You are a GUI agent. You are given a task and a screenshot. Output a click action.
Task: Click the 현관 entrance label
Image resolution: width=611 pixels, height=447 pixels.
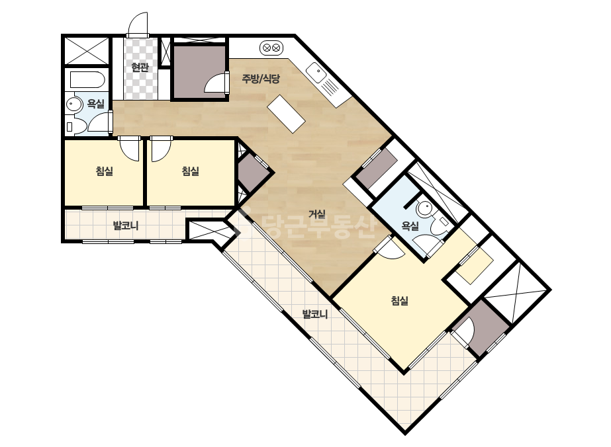pyautogui.click(x=140, y=67)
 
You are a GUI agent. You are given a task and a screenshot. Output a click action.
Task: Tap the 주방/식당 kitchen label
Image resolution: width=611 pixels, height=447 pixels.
pyautogui.click(x=261, y=79)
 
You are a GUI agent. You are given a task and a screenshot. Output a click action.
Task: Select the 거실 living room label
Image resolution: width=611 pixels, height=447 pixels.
pyautogui.click(x=317, y=214)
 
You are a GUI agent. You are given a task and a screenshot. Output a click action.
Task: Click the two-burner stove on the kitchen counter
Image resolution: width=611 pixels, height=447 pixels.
pyautogui.click(x=271, y=48)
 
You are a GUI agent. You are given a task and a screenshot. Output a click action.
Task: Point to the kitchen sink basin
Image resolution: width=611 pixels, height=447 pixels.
pyautogui.click(x=316, y=72)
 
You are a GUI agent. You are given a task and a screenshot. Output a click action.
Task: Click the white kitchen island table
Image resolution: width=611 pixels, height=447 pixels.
pyautogui.click(x=286, y=114)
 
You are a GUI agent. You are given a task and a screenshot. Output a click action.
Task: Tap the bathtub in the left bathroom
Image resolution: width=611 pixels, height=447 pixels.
pyautogui.click(x=87, y=80)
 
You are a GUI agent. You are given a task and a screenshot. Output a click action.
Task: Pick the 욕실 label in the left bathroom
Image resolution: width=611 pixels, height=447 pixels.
pyautogui.click(x=96, y=104)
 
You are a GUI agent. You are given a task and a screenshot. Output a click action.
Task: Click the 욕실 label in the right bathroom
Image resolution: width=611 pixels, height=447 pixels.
pyautogui.click(x=410, y=226)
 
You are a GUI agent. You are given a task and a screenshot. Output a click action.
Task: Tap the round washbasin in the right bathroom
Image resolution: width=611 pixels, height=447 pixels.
pyautogui.click(x=424, y=209)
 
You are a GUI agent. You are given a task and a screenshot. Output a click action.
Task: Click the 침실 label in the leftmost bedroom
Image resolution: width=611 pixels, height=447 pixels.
pyautogui.click(x=105, y=171)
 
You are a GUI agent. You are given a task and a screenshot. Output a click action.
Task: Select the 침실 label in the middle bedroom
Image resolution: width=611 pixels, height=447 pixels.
pyautogui.click(x=191, y=171)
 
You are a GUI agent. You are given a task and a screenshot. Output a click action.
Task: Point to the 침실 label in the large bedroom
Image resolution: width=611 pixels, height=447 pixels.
pyautogui.click(x=399, y=300)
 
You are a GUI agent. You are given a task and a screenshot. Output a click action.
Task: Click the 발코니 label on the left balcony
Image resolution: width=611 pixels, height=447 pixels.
pyautogui.click(x=126, y=225)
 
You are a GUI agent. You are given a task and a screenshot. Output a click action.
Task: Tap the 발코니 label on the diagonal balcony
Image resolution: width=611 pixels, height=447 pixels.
pyautogui.click(x=315, y=314)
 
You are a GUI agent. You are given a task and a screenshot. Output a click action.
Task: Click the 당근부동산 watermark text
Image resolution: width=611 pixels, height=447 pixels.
pyautogui.click(x=319, y=226)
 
